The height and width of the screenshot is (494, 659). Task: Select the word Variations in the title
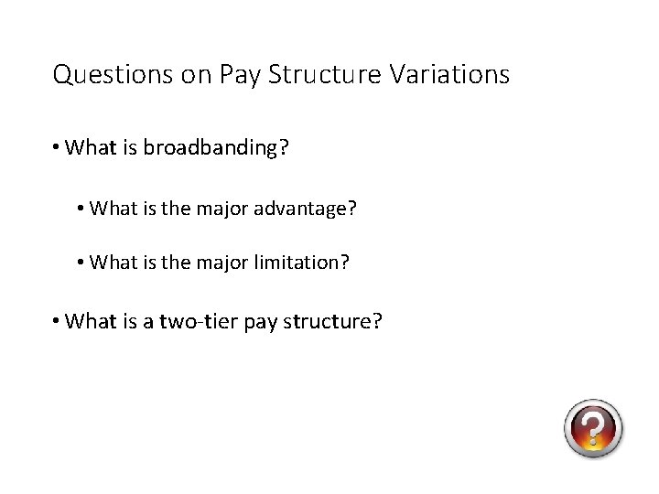448,74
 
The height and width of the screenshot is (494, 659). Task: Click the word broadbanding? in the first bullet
215,148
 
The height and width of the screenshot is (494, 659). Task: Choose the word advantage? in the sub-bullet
306,209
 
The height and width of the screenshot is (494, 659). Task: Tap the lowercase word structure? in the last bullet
333,323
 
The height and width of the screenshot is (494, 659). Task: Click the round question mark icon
593,428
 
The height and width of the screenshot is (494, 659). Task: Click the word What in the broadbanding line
90,147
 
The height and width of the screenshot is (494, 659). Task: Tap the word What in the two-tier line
90,322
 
